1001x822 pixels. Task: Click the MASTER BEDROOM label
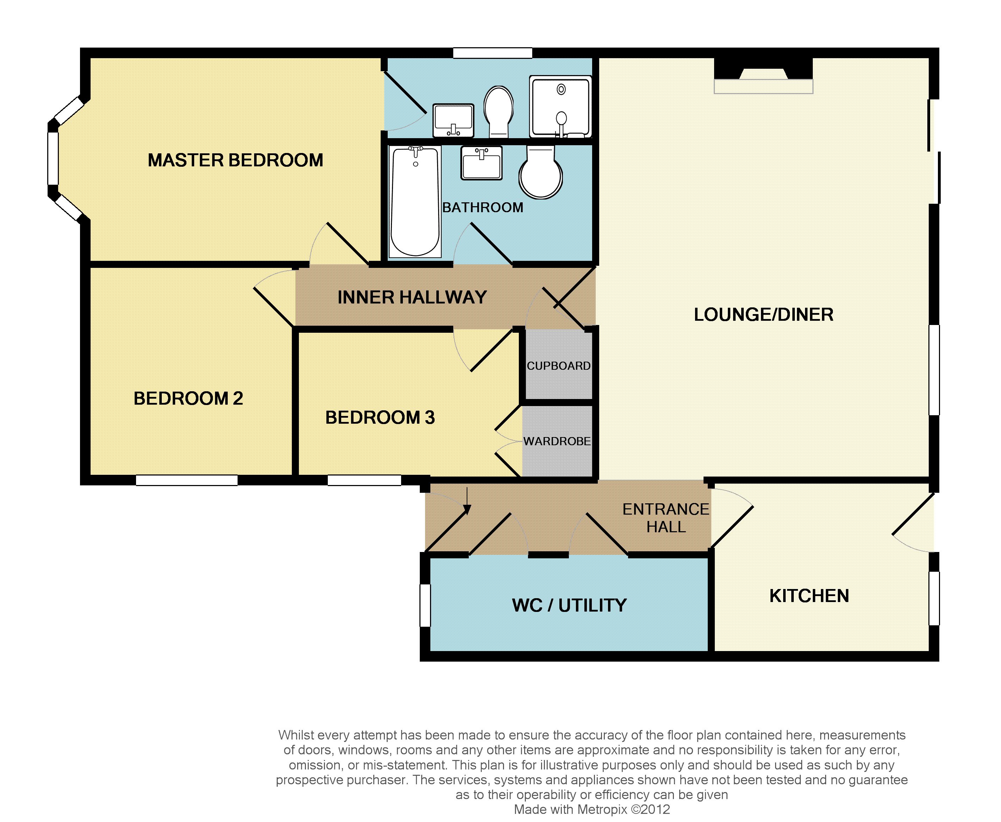(235, 160)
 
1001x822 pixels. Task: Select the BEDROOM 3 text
(380, 417)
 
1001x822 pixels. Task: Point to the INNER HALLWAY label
(412, 297)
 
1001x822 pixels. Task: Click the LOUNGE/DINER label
(764, 314)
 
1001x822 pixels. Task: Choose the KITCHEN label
(809, 596)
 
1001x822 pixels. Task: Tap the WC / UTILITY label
(569, 605)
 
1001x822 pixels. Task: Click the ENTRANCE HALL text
(666, 518)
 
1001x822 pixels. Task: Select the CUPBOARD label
(559, 366)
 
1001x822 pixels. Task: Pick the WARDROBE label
(557, 441)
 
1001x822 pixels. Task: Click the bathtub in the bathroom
(415, 202)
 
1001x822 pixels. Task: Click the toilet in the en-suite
(499, 112)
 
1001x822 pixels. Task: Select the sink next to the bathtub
(481, 163)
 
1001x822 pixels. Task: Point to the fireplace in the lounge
(763, 76)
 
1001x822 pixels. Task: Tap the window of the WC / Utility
(425, 606)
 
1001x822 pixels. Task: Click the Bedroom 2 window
(186, 480)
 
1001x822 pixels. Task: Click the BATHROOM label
(483, 207)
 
